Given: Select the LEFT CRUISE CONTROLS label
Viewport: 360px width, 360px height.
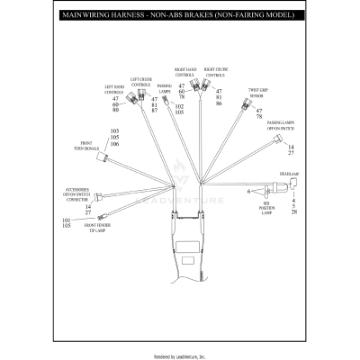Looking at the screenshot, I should tap(141, 83).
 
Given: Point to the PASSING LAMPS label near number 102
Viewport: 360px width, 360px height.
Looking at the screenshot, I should tap(165, 89).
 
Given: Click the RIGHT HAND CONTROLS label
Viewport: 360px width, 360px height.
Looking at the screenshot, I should tap(186, 72).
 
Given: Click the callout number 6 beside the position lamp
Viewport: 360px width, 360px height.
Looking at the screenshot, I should tap(248, 191).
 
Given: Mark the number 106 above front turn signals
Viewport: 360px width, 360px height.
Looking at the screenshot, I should tap(114, 144).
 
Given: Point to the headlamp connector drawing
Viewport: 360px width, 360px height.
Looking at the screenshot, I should tap(290, 186).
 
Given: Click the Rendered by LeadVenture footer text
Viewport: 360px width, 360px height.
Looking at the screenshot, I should tap(179, 355).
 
